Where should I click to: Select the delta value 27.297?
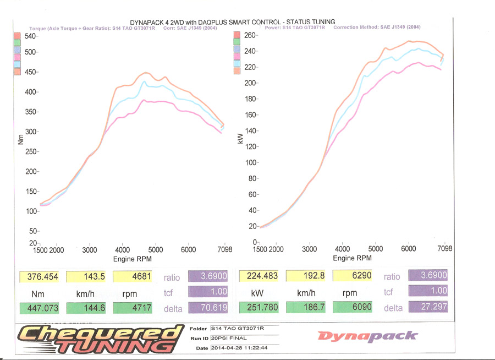click(x=427, y=307)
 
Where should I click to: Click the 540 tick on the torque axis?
click(x=28, y=36)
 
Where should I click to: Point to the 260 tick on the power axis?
click(x=250, y=35)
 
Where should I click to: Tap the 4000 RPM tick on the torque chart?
click(x=123, y=250)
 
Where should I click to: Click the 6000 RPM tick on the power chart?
click(x=408, y=249)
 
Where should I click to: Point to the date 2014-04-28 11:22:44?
click(x=239, y=348)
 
